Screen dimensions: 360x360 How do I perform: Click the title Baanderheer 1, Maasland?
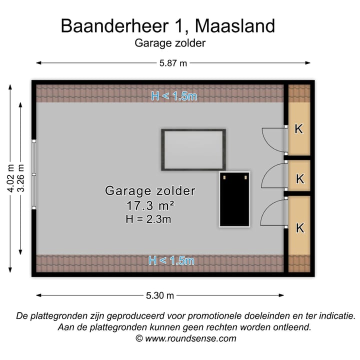[x=167, y=25]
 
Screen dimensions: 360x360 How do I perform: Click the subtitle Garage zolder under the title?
[x=170, y=43]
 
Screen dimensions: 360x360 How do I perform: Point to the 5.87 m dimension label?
[x=173, y=63]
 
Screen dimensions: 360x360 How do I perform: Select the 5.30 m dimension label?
[x=160, y=295]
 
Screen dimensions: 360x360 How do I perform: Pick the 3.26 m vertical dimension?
[x=21, y=179]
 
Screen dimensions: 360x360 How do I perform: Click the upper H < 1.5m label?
[x=174, y=96]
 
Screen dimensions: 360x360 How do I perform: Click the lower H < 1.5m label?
[x=171, y=260]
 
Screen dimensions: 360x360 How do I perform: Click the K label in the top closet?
[x=298, y=129]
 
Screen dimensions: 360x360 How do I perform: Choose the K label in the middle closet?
[x=299, y=178]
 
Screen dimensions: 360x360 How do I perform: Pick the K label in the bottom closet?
[x=300, y=228]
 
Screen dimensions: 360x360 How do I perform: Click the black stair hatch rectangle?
[x=235, y=199]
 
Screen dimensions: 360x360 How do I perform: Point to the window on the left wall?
[x=34, y=172]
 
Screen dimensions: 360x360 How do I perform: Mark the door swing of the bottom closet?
[x=274, y=213]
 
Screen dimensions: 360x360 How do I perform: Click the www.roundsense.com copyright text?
[x=185, y=338]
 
